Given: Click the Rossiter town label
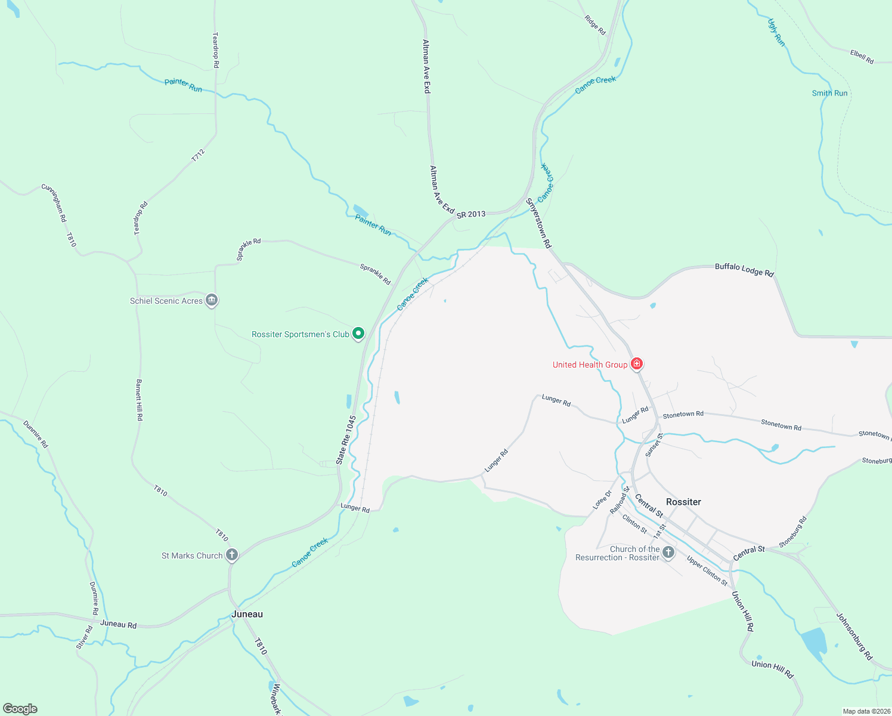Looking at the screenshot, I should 683,502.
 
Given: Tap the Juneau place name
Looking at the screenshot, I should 247,614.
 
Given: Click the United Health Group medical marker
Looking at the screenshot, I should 637,363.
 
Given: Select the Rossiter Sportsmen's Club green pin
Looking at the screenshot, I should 358,334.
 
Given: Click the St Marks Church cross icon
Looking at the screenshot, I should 232,555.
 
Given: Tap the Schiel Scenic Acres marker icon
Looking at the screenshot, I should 212,300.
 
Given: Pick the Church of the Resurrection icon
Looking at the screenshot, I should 668,552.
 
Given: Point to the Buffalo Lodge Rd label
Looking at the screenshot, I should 744,270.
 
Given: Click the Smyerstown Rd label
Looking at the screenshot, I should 538,223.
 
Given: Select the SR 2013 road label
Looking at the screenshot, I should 471,214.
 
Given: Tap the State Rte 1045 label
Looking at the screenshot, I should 346,440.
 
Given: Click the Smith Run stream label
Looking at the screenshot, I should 829,93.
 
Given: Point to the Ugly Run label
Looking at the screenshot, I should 776,32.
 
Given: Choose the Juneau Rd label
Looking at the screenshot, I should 118,624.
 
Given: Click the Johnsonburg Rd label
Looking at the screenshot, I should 854,636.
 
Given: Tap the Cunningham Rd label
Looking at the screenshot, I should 54,203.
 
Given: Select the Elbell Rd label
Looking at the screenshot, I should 862,57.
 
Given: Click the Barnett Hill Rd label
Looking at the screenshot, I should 139,400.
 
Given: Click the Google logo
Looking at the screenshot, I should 20,709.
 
